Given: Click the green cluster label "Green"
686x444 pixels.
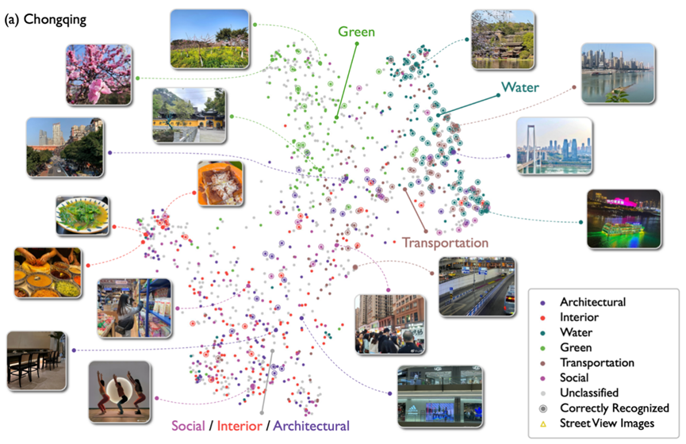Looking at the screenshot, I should pos(357,32).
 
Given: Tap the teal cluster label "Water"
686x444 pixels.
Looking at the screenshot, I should pos(519,86).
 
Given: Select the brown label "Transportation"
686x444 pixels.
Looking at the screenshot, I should pos(444,242).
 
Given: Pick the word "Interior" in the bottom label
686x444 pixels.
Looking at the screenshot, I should pos(240,426).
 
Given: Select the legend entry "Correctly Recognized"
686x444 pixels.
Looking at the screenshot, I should pos(615,408).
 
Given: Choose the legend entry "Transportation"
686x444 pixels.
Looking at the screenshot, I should pos(596,362).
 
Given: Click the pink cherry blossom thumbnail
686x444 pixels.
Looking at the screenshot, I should pos(98,75).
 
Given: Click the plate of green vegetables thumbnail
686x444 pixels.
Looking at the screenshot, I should pos(82,215).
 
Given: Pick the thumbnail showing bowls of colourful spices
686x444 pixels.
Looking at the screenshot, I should pos(48,272).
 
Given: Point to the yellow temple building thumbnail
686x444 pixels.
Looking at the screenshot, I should pos(189,115).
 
